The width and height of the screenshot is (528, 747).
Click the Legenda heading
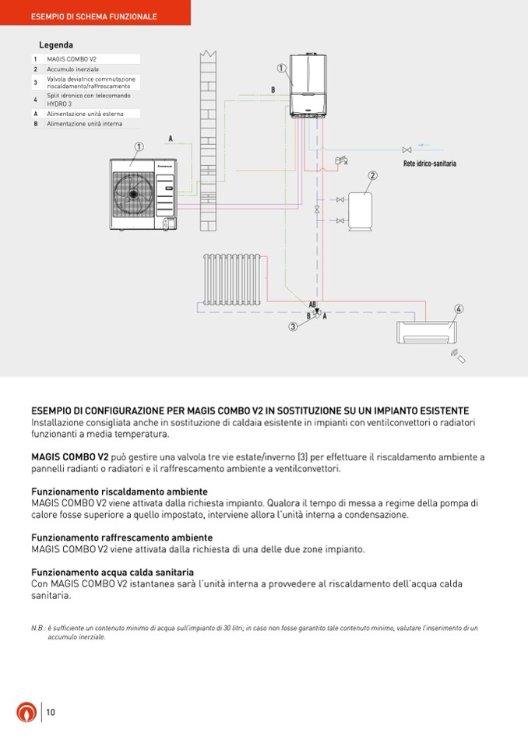[56, 45]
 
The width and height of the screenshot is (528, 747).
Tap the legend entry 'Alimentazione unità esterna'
[85, 113]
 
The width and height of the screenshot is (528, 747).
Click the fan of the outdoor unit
[133, 192]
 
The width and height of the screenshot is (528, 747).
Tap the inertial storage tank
[360, 210]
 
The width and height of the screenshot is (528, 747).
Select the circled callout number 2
[373, 175]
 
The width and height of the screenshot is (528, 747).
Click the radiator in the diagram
[231, 278]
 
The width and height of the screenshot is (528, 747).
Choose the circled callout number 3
[293, 327]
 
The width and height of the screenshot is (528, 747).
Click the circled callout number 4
[459, 309]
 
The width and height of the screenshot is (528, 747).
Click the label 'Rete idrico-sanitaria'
[430, 164]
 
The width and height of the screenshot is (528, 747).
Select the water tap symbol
[340, 160]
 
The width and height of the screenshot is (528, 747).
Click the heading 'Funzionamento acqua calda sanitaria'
[112, 572]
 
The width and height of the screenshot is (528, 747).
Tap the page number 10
[51, 711]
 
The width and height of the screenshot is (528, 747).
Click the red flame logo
[26, 712]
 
